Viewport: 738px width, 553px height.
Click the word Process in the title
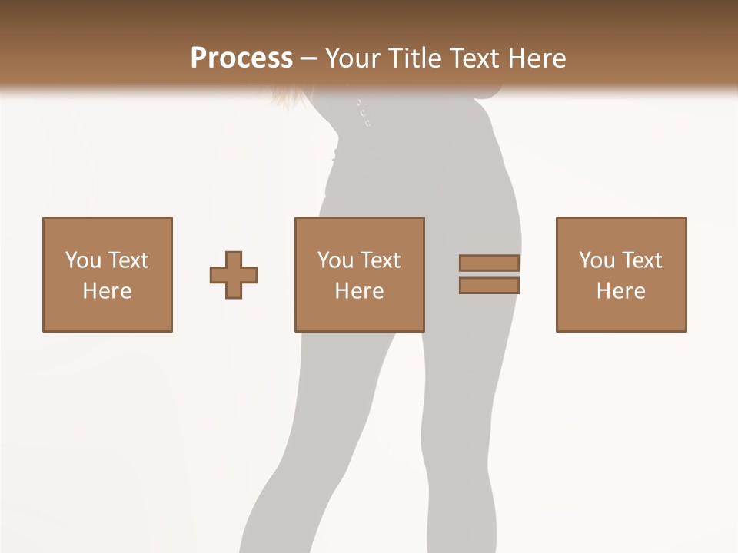(x=241, y=58)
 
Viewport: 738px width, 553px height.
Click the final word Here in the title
(x=536, y=58)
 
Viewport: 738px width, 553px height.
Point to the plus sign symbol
(x=234, y=275)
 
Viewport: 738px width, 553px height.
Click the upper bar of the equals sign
(x=489, y=263)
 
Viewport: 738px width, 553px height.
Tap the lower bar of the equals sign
(x=489, y=286)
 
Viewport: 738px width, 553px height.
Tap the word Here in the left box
(x=107, y=291)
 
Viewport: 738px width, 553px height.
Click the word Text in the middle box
(x=381, y=260)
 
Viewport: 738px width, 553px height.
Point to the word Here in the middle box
(x=359, y=291)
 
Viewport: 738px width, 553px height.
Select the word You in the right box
(x=597, y=260)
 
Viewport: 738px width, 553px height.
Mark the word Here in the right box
(x=620, y=291)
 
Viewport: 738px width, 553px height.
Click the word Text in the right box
(x=643, y=260)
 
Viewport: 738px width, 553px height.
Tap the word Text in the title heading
(x=472, y=58)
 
